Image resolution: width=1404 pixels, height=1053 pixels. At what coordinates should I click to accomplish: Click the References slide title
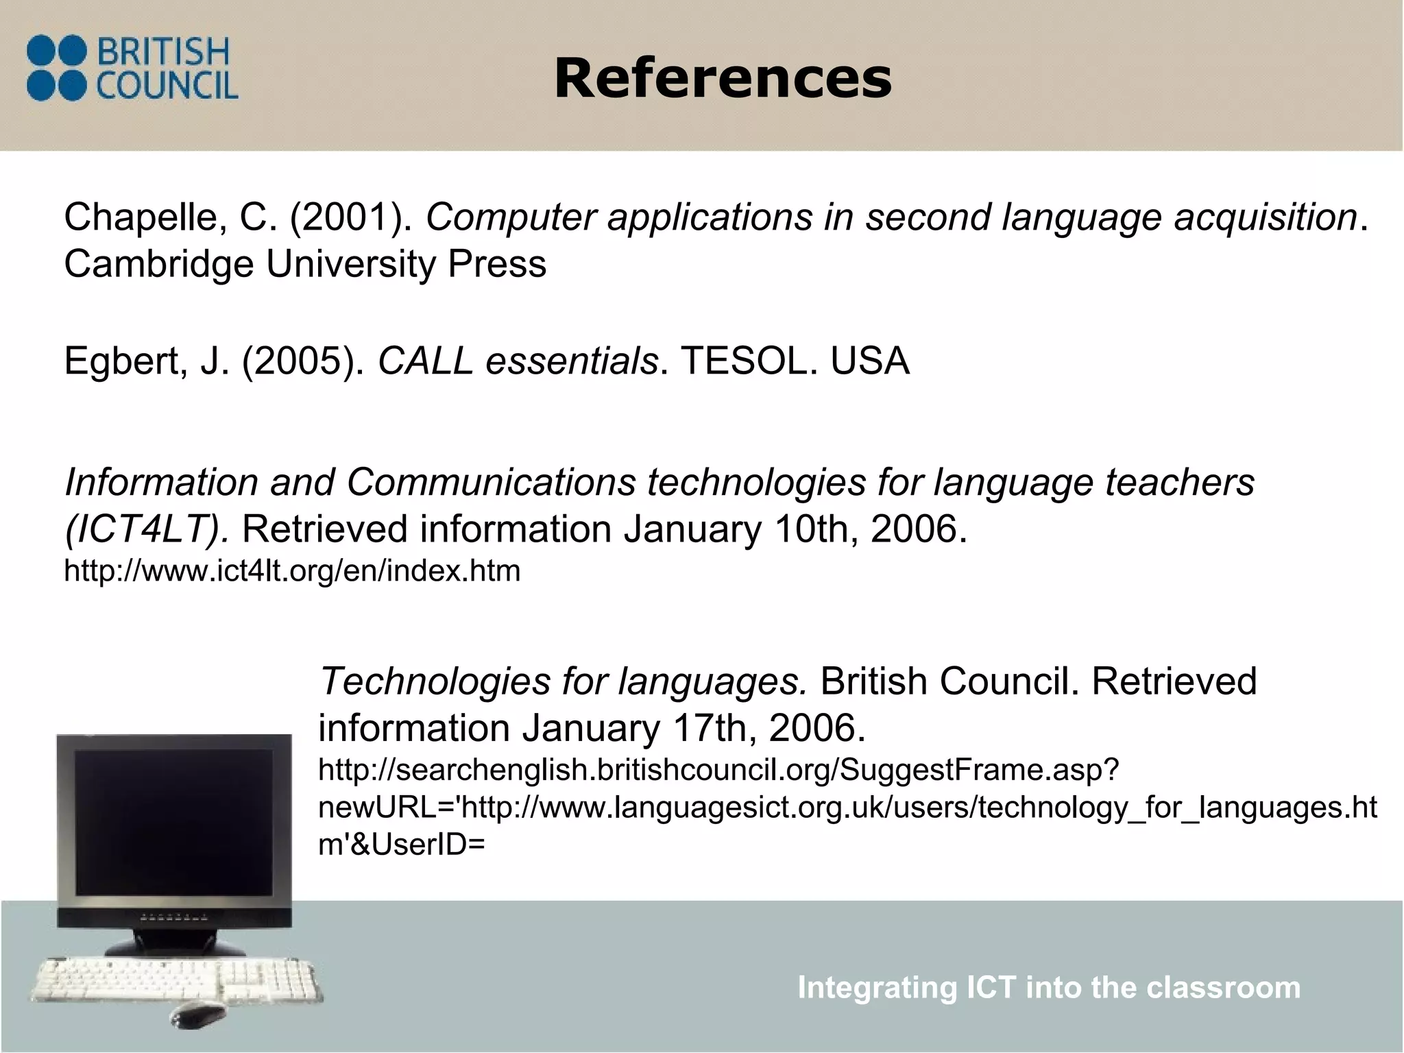pyautogui.click(x=723, y=79)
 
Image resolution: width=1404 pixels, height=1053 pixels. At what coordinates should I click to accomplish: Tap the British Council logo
pyautogui.click(x=132, y=69)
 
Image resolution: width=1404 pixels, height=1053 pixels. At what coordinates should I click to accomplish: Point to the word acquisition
pyautogui.click(x=1266, y=218)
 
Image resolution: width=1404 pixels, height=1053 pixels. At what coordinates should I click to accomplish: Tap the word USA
pyautogui.click(x=870, y=361)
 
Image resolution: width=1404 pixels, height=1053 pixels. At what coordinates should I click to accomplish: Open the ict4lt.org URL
pyautogui.click(x=292, y=570)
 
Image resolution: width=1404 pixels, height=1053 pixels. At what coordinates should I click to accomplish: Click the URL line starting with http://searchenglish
pyautogui.click(x=718, y=771)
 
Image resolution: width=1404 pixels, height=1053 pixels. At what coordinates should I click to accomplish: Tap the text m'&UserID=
pyautogui.click(x=402, y=845)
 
